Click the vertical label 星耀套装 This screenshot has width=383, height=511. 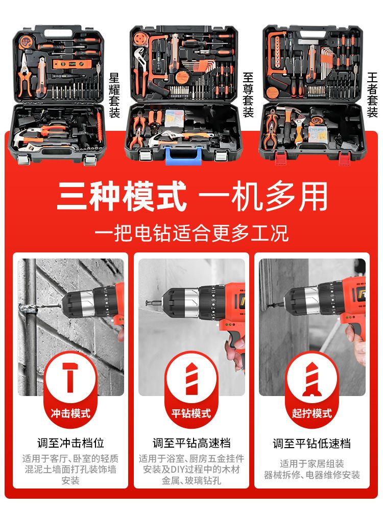pos(114,95)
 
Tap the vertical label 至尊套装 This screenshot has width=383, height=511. pos(248,95)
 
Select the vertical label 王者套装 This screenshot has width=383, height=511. pos(372,95)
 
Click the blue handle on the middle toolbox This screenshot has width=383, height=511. pos(183,155)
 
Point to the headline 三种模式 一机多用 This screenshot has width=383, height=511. pos(192,197)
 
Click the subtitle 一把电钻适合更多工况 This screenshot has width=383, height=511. pos(192,233)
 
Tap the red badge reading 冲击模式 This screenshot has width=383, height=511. pos(70,413)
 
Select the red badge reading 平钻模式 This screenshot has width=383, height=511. pos(191,413)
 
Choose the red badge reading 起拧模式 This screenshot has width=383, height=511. pos(312,413)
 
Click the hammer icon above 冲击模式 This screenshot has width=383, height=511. pos(70,377)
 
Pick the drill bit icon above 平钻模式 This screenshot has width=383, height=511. pos(191,378)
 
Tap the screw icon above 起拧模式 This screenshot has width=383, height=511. pos(312,379)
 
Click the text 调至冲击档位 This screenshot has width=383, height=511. pos(70,443)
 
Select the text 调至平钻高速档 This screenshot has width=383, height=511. pos(192,443)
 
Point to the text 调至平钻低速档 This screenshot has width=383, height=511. pos(312,444)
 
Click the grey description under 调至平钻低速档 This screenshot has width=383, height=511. pos(312,469)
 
